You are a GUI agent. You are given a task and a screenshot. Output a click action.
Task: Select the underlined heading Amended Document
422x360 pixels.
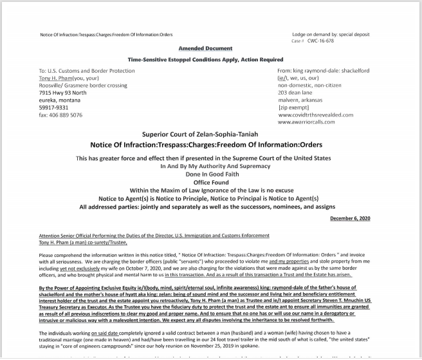[x=205, y=49]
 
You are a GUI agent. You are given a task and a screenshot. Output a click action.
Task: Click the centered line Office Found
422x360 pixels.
[x=206, y=181]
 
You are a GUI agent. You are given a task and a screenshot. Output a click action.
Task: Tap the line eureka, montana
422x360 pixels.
[x=58, y=100]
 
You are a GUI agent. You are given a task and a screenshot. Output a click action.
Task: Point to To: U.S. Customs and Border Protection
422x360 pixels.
[x=89, y=70]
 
